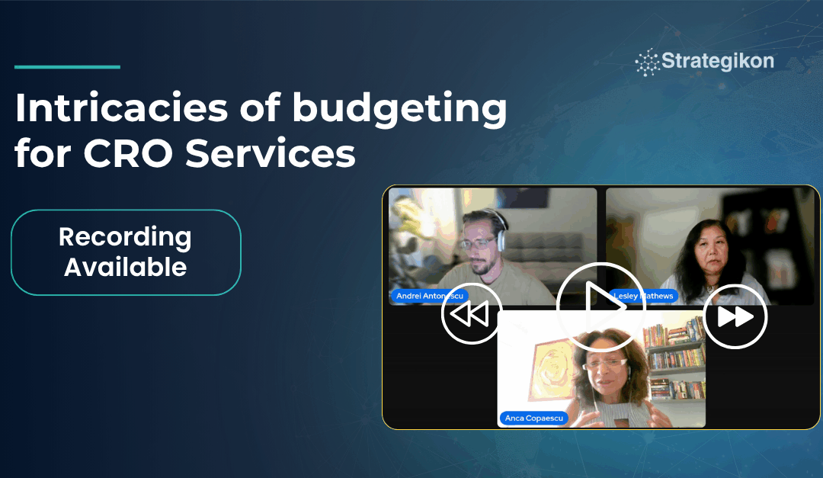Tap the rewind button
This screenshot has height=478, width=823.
point(472,314)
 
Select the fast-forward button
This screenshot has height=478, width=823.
point(735,316)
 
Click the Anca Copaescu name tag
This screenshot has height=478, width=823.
point(533,418)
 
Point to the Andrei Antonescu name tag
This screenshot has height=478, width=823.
point(429,296)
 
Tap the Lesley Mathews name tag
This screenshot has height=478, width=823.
point(643,296)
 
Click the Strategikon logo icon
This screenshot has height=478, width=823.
point(648,63)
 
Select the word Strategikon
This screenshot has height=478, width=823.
point(718,61)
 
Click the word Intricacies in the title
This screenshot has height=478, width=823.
point(122,107)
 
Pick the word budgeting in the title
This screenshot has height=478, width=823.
point(399,109)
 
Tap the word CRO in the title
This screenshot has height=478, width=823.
point(128,153)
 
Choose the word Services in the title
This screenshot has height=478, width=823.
point(271,153)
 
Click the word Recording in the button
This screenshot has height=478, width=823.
point(125,237)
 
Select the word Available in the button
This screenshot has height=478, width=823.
point(126,267)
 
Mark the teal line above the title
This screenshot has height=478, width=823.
point(67,67)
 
